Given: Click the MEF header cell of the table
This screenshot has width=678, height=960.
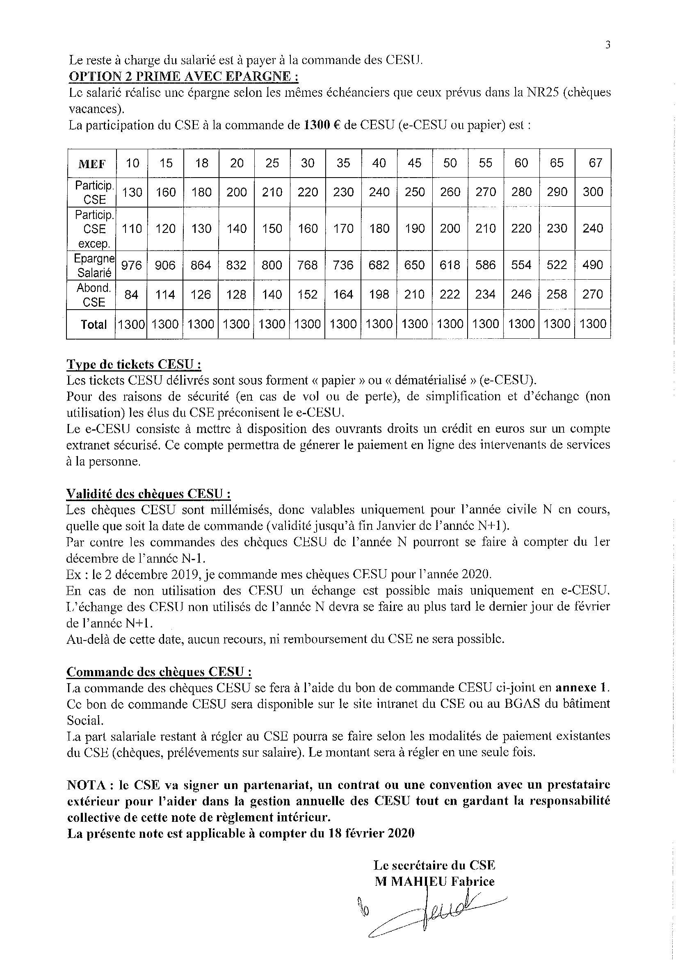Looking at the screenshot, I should pos(91,164).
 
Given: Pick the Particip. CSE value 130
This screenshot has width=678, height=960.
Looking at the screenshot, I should pos(132,192).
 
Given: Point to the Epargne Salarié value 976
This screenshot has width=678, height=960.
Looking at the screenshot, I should pos(131,265).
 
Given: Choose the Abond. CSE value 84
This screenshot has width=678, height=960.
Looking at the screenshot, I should pos(131,295).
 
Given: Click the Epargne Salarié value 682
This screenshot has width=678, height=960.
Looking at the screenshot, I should pos(379,265).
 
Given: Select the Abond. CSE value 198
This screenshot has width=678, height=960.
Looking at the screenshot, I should pos(379,295).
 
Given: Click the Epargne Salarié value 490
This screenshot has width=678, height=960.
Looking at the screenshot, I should pos(593,265).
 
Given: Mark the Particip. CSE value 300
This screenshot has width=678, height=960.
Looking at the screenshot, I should pos(593,192).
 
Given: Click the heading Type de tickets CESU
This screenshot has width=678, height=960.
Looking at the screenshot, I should pos(134,364).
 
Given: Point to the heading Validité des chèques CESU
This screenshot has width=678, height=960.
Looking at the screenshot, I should pos(148,494).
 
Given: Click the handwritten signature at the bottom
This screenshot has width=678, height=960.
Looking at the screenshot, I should pos(431,914).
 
